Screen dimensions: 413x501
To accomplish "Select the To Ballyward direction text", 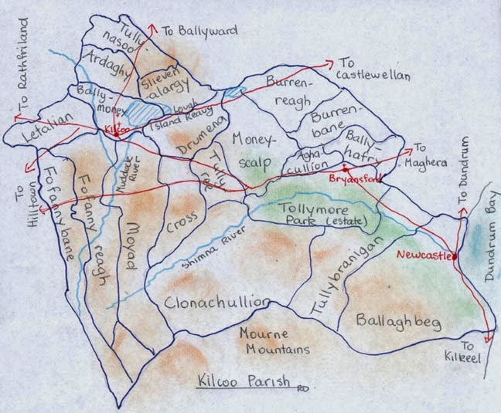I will coord(199,32).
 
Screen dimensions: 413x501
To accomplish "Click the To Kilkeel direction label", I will coord(476,354).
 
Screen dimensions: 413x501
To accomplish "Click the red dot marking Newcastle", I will coord(455,256).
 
